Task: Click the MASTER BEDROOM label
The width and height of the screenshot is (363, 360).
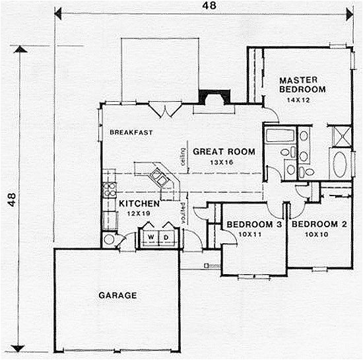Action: pyautogui.click(x=303, y=84)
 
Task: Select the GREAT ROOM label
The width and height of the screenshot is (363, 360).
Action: pyautogui.click(x=224, y=152)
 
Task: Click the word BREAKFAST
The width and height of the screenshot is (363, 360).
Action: pyautogui.click(x=131, y=133)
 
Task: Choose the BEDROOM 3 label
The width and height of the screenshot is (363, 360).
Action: pyautogui.click(x=254, y=224)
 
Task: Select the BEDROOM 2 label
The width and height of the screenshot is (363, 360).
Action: pyautogui.click(x=319, y=224)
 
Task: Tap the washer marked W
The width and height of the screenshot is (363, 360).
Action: pyautogui.click(x=151, y=236)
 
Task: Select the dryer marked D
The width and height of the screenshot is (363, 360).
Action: pyautogui.click(x=167, y=236)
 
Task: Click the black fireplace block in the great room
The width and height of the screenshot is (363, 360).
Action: pyautogui.click(x=213, y=98)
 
